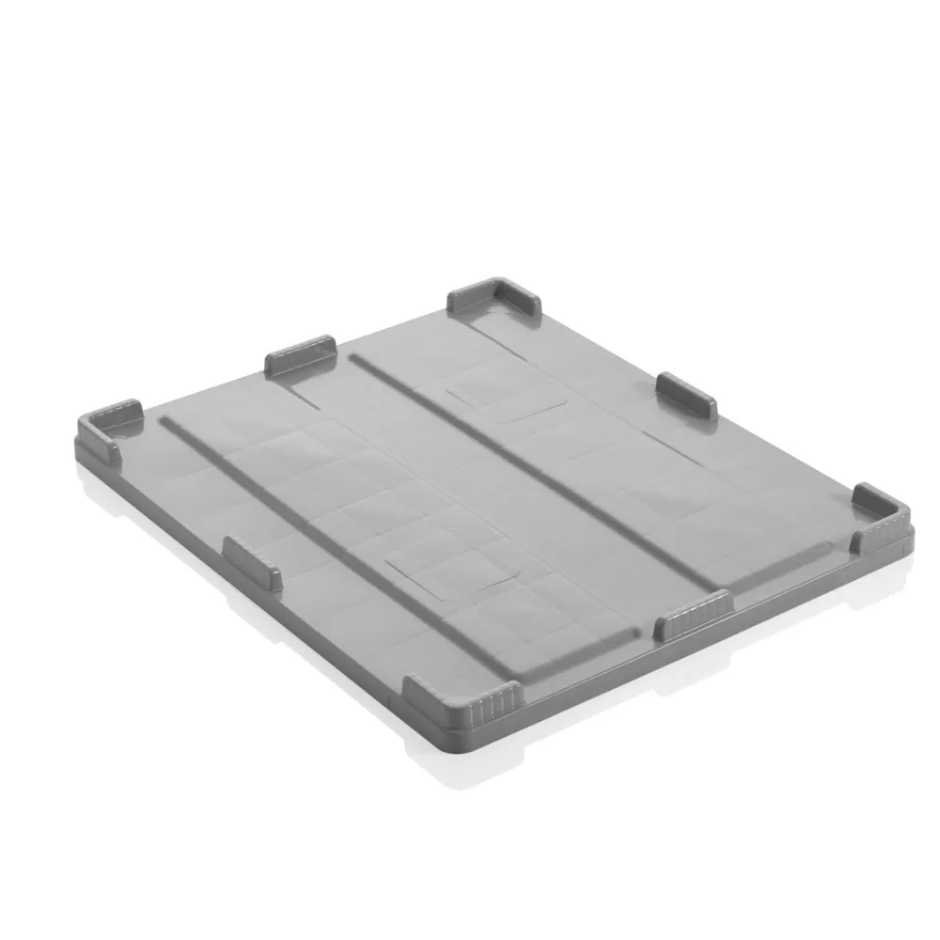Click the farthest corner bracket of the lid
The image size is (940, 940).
tap(497, 299)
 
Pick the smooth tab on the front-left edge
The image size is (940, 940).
tap(252, 561)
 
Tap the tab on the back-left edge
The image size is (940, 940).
tap(301, 355)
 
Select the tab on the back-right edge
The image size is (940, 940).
tap(687, 394)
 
